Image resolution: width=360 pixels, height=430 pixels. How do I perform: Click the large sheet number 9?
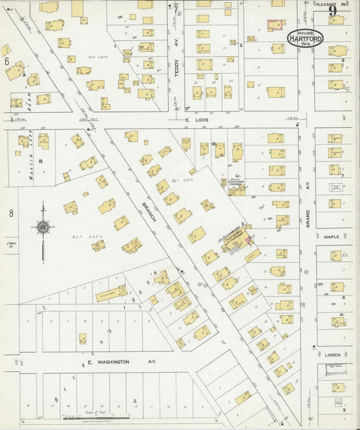(332, 11)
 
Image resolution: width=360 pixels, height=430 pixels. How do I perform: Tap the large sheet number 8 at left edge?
(11, 213)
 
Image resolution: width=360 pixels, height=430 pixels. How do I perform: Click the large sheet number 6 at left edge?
(7, 61)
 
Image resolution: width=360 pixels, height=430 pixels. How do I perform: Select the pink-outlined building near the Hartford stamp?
(276, 25)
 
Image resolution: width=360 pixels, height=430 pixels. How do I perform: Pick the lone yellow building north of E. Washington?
(82, 338)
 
